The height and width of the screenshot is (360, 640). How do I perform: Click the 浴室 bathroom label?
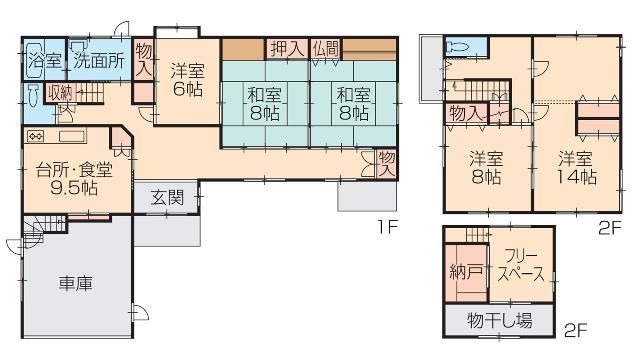click(x=44, y=60)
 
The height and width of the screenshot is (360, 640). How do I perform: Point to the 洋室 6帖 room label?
click(x=186, y=80)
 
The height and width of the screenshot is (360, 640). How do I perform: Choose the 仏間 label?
click(x=327, y=48)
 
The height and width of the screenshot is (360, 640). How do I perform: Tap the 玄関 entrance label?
click(x=168, y=198)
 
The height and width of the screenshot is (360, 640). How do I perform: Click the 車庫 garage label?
click(x=76, y=283)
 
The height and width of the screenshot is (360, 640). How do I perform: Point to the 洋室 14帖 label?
click(x=577, y=167)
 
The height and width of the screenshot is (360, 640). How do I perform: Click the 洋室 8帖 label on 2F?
click(x=487, y=167)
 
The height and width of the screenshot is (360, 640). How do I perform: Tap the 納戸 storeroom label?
click(x=463, y=269)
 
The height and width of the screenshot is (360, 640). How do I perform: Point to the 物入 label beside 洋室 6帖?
click(x=144, y=59)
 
